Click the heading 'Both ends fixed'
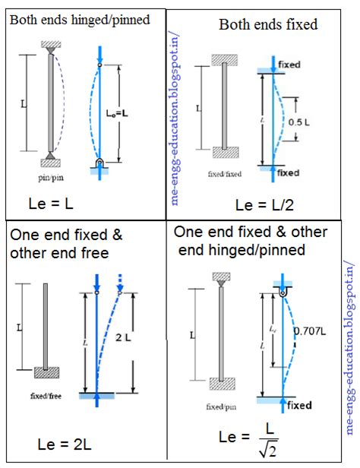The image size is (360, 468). coord(268,25)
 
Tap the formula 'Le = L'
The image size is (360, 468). coord(51,204)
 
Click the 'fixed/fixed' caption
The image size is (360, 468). coord(224,174)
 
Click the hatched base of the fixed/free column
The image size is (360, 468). coord(47,372)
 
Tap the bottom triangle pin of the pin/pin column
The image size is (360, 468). coord(49,156)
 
